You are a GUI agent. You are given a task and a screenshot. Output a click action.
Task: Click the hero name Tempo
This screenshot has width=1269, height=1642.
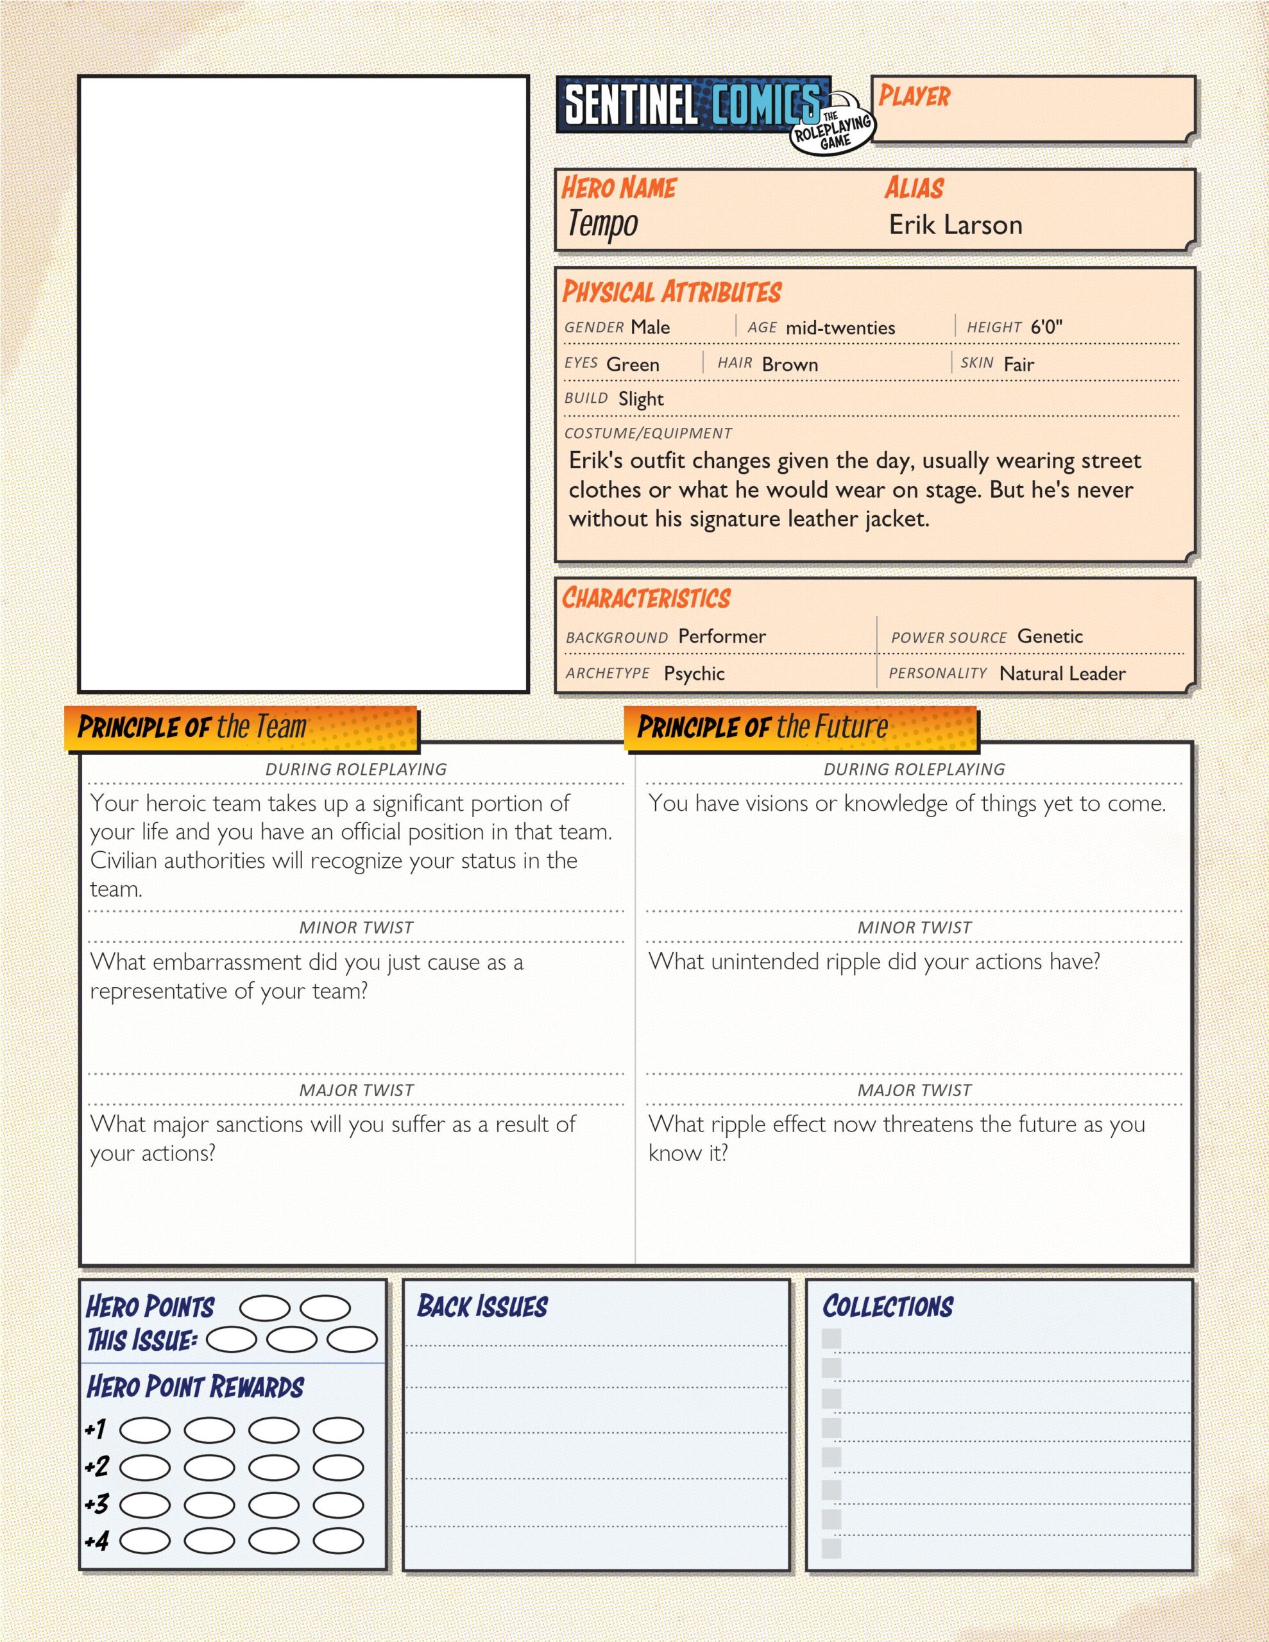pyautogui.click(x=602, y=224)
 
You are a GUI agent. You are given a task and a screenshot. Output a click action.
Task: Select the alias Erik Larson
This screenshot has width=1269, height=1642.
pyautogui.click(x=955, y=224)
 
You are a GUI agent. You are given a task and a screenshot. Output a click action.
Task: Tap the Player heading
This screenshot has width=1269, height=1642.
pyautogui.click(x=914, y=96)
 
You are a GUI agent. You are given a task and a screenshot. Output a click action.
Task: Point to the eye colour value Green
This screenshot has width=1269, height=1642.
pyautogui.click(x=633, y=364)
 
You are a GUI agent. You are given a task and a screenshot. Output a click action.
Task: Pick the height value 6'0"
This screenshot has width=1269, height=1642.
pyautogui.click(x=1046, y=327)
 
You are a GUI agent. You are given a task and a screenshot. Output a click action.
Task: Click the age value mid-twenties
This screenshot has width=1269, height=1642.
pyautogui.click(x=840, y=328)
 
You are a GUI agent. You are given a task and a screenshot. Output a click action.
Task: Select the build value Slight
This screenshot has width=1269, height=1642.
pyautogui.click(x=641, y=399)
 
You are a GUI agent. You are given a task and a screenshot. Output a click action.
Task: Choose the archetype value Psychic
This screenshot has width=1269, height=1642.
pyautogui.click(x=694, y=673)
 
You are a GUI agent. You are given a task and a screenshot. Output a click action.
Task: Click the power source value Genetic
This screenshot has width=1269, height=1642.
pyautogui.click(x=1050, y=636)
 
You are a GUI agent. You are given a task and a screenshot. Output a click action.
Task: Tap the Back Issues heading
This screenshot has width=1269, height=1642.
pyautogui.click(x=482, y=1306)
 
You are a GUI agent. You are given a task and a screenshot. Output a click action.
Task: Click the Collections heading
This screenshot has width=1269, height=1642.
pyautogui.click(x=888, y=1306)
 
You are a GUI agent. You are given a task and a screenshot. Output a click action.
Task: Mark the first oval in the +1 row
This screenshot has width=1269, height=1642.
pyautogui.click(x=145, y=1430)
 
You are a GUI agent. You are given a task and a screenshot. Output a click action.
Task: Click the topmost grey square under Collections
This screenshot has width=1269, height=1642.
pyautogui.click(x=831, y=1338)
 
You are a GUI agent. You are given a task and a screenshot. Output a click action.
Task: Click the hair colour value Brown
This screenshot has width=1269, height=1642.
pyautogui.click(x=790, y=364)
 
